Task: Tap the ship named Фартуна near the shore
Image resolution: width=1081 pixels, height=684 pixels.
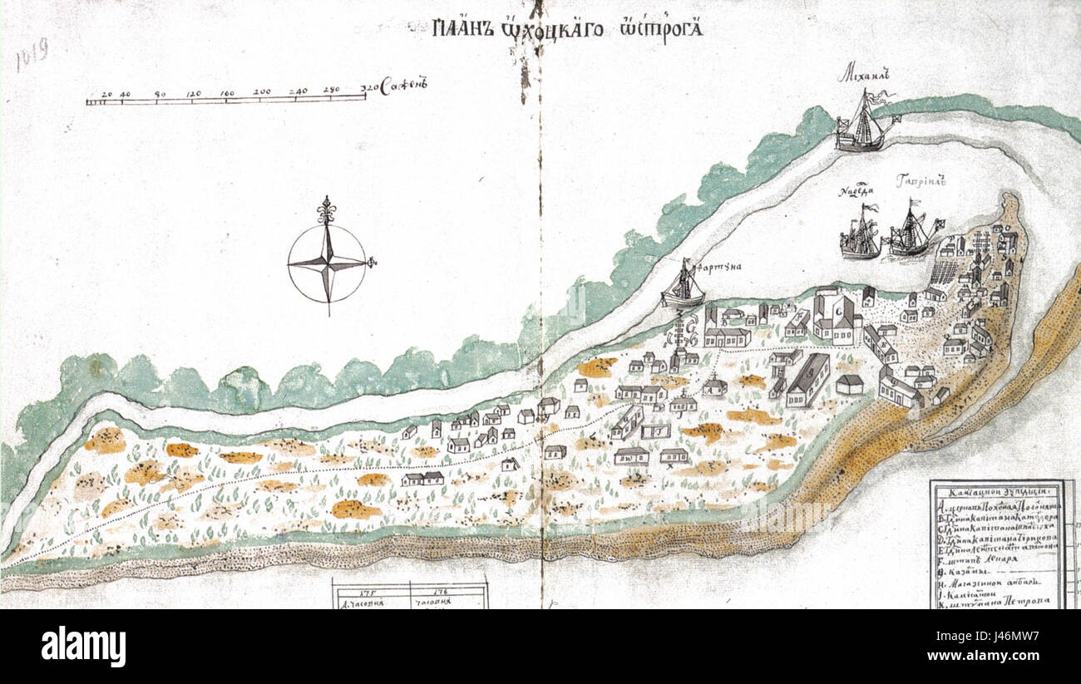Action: coord(683,287)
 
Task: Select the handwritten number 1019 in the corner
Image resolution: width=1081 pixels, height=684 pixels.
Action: coord(32,55)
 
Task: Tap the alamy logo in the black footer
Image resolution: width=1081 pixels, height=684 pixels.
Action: coord(84,647)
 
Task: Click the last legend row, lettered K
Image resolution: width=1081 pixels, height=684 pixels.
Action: coord(995,600)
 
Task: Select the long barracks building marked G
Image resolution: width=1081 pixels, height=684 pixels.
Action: coord(807,380)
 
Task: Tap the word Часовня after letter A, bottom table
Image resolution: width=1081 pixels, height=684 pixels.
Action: coord(368,603)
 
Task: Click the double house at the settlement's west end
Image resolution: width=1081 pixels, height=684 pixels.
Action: coord(423,479)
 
